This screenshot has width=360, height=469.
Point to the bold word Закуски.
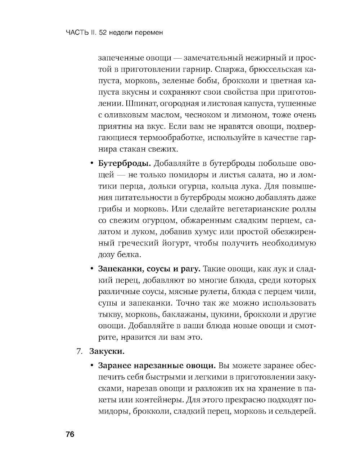click(107, 351)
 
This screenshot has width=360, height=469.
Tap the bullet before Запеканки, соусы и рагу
click(91, 269)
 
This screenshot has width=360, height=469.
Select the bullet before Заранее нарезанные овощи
click(91, 366)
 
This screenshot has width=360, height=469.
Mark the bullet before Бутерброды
click(91, 164)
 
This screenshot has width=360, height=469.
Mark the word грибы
click(109, 209)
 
